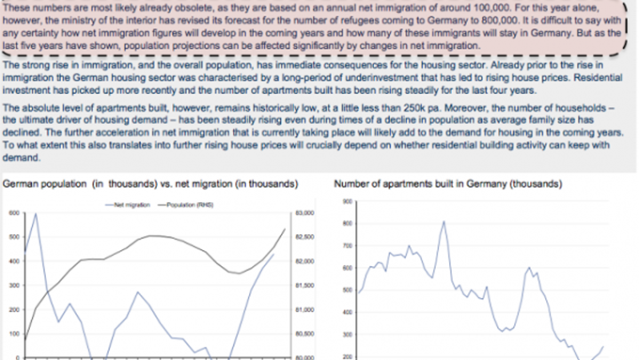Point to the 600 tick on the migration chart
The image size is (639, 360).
click(13, 213)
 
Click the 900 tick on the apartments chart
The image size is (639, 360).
click(347, 201)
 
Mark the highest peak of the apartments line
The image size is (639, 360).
click(442, 221)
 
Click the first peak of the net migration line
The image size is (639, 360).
click(35, 214)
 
